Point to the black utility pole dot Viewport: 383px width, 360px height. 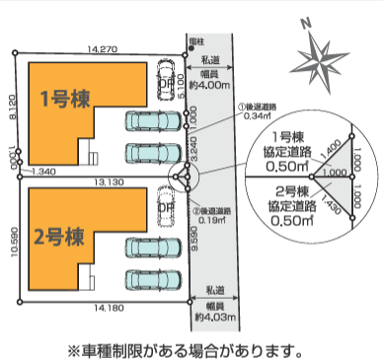coord(185,50)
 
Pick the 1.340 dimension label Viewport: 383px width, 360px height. coord(44,171)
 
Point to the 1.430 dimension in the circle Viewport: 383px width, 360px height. coord(333,201)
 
